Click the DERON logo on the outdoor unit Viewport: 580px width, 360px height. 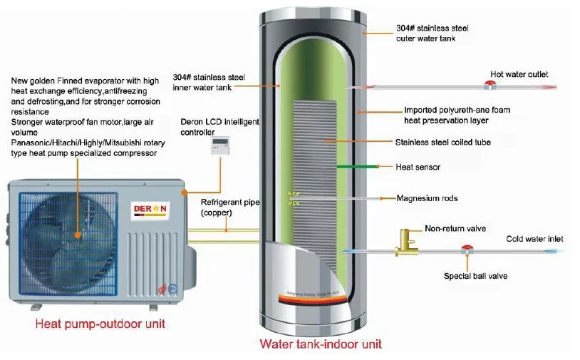148,209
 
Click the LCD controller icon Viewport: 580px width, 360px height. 219,145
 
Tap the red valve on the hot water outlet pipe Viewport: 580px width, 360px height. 491,86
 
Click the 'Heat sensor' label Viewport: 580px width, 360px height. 418,168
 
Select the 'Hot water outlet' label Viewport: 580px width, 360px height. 519,74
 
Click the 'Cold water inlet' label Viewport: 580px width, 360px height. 535,239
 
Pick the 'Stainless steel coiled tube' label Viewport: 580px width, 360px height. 442,143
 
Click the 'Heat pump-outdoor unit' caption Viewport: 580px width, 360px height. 100,324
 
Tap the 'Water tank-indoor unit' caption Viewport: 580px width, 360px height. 320,344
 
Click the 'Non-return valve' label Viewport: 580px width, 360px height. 455,229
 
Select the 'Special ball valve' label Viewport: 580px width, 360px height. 475,276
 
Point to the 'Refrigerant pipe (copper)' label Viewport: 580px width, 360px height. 226,207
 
